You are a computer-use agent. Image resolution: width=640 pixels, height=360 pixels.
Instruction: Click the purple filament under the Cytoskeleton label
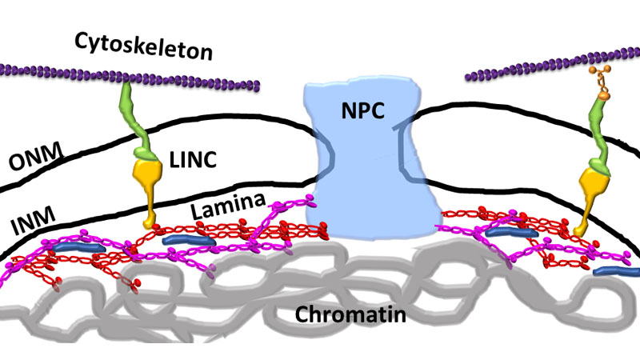pyautogui.click(x=128, y=76)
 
